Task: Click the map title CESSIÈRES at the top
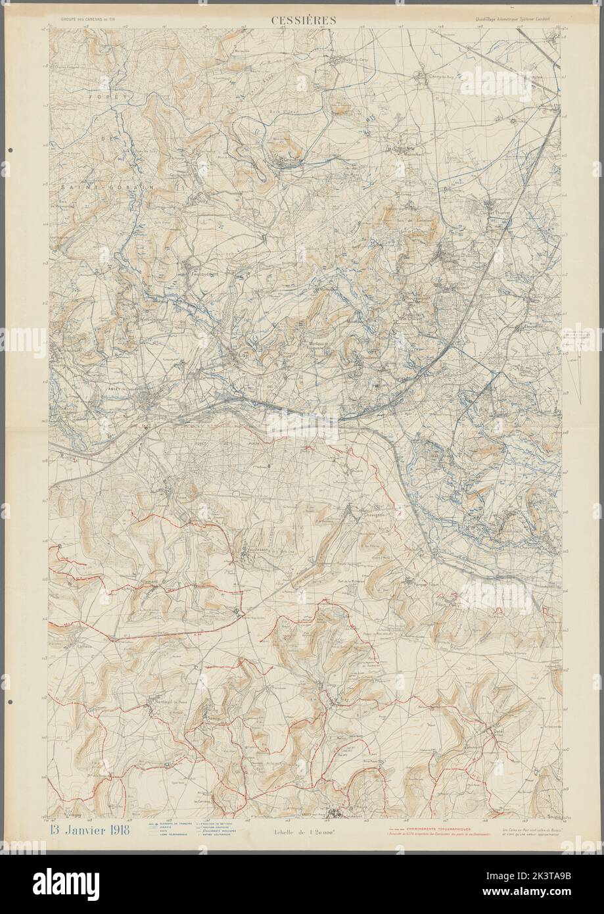point(303,20)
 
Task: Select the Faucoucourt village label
point(195,268)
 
